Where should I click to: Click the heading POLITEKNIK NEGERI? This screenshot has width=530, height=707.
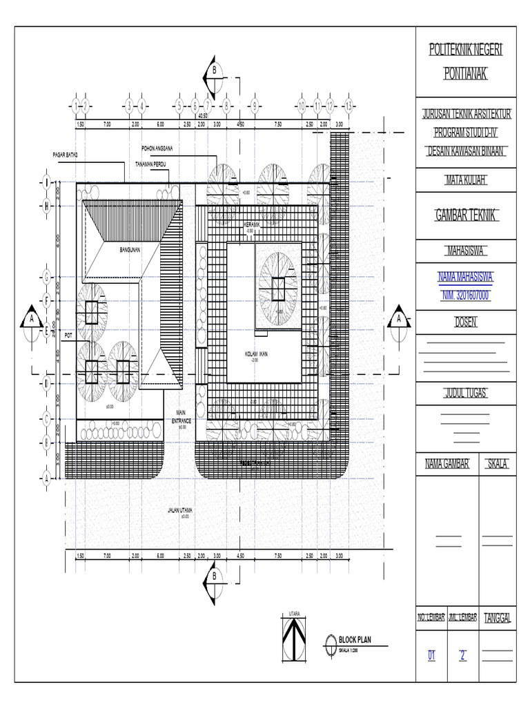click(x=467, y=50)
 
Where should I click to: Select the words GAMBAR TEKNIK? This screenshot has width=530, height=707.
click(x=467, y=217)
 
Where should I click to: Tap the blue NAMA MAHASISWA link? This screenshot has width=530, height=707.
click(x=467, y=279)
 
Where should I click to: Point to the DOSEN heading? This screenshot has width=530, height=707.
click(x=467, y=322)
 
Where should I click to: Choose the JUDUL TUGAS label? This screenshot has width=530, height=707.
click(x=467, y=393)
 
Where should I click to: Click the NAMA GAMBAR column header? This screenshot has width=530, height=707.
click(x=446, y=465)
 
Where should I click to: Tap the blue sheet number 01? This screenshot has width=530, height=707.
click(x=433, y=656)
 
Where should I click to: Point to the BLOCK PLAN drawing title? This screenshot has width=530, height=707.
click(x=354, y=640)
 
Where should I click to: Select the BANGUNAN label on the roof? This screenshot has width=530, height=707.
click(x=130, y=250)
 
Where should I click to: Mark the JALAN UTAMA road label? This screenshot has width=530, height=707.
click(x=180, y=511)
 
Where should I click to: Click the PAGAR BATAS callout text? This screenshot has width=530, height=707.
click(x=66, y=154)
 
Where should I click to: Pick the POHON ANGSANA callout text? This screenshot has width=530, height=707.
click(x=157, y=148)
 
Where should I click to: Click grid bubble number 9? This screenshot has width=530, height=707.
click(x=255, y=106)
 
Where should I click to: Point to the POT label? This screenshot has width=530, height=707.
click(x=68, y=335)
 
